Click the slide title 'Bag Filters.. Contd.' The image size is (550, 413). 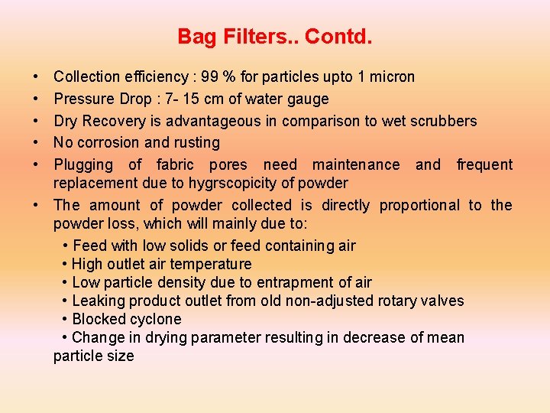(x=274, y=36)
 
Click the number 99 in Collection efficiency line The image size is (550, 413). (x=211, y=76)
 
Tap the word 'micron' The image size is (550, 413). (x=391, y=76)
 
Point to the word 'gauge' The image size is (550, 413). (x=308, y=99)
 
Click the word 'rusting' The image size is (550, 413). (x=196, y=142)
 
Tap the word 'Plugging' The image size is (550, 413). (x=82, y=164)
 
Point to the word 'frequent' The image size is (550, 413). (x=484, y=164)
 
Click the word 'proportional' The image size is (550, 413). (x=419, y=205)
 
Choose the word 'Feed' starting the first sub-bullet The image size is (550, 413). (x=89, y=246)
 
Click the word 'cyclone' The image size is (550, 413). (x=156, y=319)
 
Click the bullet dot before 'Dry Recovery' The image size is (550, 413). (x=37, y=121)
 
